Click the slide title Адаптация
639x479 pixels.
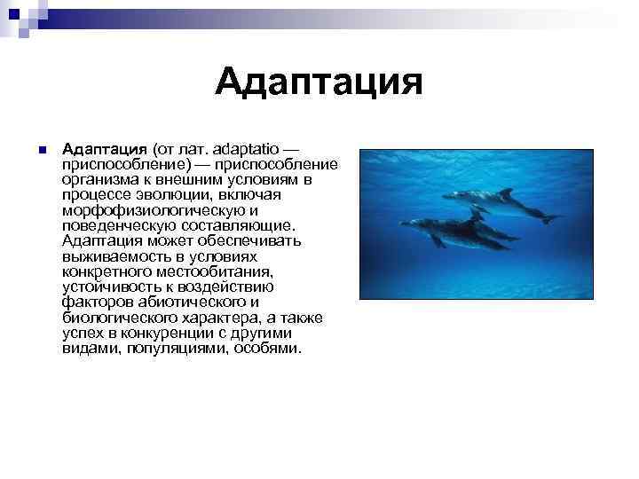tap(319, 84)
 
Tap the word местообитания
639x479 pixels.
tap(213, 271)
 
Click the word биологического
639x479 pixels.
tap(121, 318)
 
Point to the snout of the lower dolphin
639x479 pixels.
tap(405, 223)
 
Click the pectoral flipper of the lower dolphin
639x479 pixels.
tap(439, 240)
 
